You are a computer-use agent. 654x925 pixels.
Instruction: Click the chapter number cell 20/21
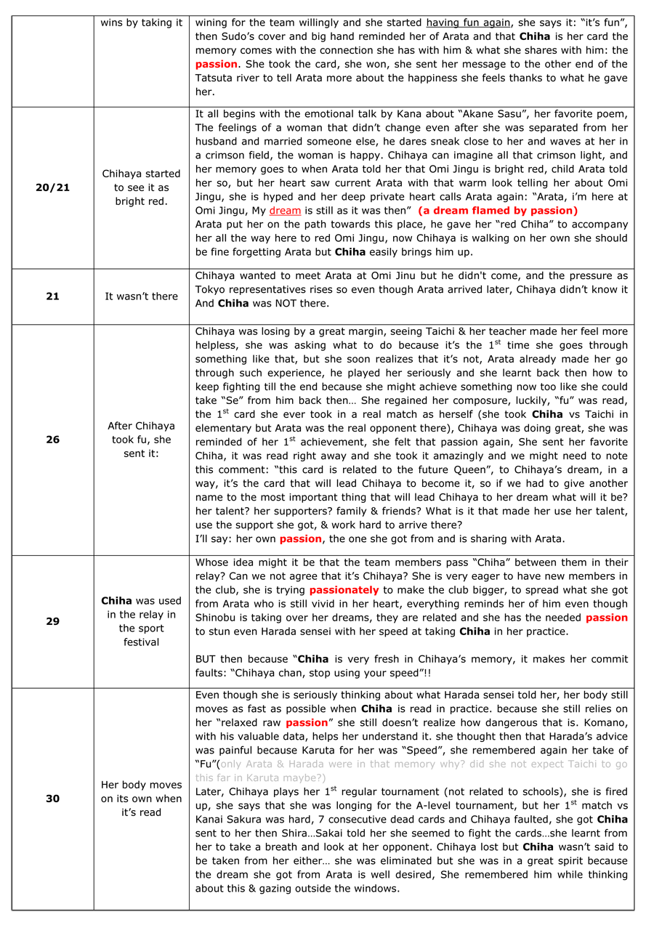[x=52, y=187]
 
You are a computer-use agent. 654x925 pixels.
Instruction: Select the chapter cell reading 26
[x=52, y=440]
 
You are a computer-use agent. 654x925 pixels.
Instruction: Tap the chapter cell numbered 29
[x=52, y=621]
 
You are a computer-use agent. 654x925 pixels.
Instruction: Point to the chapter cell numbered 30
[x=52, y=799]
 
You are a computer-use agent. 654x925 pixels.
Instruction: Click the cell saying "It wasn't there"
[x=141, y=296]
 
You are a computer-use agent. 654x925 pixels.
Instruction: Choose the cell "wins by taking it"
[x=141, y=23]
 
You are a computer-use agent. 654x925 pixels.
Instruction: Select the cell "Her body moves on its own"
[x=141, y=799]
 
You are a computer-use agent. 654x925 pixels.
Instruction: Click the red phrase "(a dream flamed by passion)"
[x=498, y=211]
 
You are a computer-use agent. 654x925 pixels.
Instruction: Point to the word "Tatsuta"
[x=217, y=78]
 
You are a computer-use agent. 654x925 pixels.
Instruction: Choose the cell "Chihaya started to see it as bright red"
[x=141, y=187]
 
